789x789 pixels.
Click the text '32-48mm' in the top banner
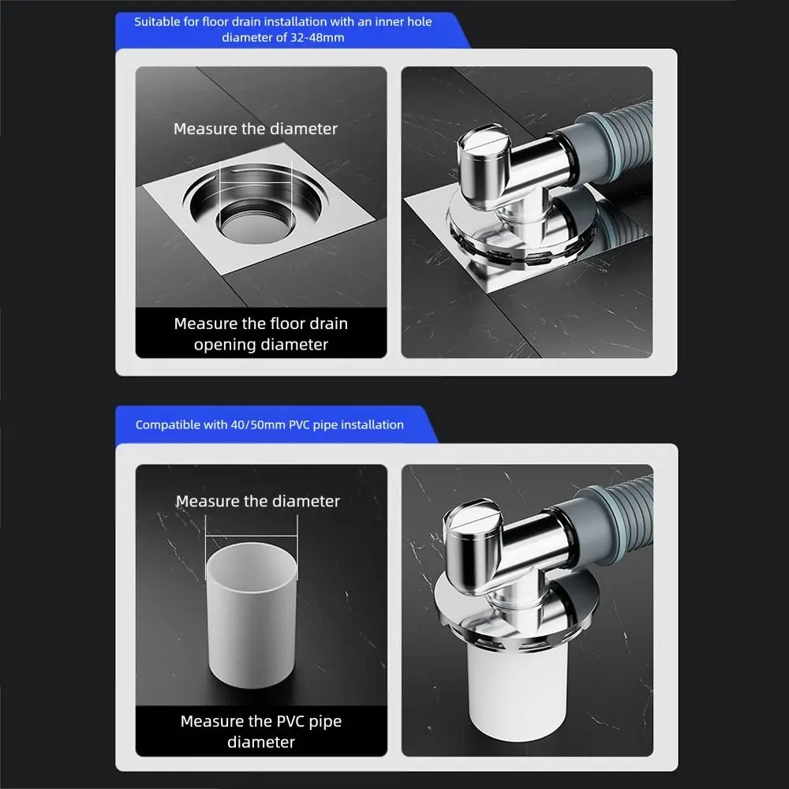319,37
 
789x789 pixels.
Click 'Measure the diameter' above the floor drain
256,129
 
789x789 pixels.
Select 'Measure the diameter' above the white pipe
258,501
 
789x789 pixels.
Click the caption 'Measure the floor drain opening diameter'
260,334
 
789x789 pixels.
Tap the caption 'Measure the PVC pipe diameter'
260,731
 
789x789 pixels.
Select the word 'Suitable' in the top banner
157,21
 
